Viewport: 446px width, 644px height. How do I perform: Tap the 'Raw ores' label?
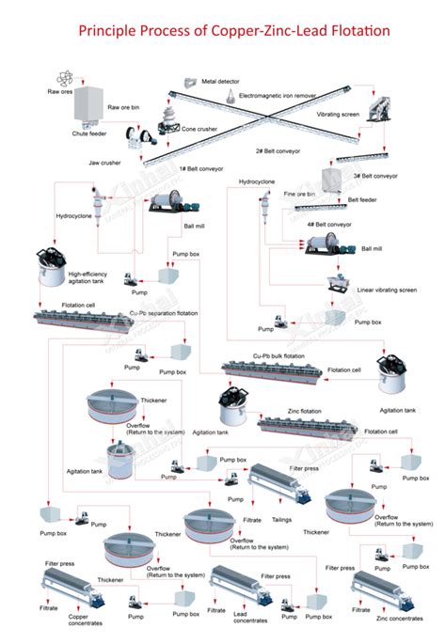[x=60, y=91]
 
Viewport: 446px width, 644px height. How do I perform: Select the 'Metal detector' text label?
[x=222, y=82]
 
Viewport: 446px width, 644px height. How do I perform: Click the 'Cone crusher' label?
[x=201, y=130]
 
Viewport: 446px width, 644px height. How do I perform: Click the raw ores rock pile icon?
[x=63, y=76]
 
